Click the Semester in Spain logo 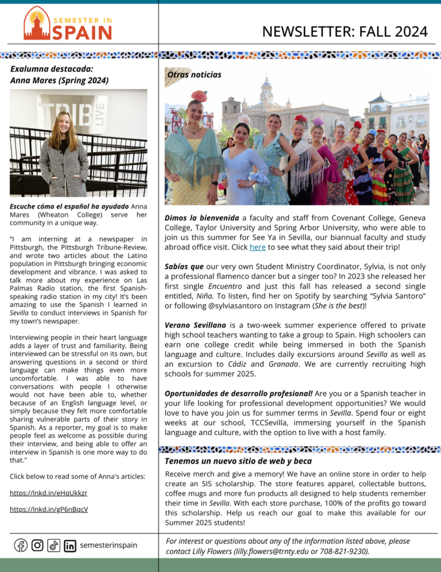coord(68,24)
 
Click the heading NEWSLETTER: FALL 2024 coord(345,31)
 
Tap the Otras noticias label coord(194,75)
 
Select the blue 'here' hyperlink coord(257,247)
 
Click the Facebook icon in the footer coord(21,545)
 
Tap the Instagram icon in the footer coord(37,545)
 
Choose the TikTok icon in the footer coord(53,545)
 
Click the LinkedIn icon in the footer coord(70,545)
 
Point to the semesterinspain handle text coord(109,545)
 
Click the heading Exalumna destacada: coord(52,68)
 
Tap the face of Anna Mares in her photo coord(61,123)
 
